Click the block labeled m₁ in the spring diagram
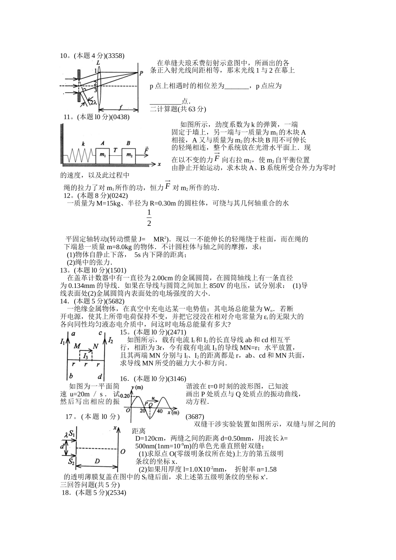[103, 155]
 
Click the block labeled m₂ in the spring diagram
[129, 155]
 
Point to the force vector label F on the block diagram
[146, 149]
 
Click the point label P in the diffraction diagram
[141, 72]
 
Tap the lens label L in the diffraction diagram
[97, 61]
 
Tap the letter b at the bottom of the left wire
[71, 375]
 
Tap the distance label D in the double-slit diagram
[97, 461]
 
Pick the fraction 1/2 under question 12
[149, 218]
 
